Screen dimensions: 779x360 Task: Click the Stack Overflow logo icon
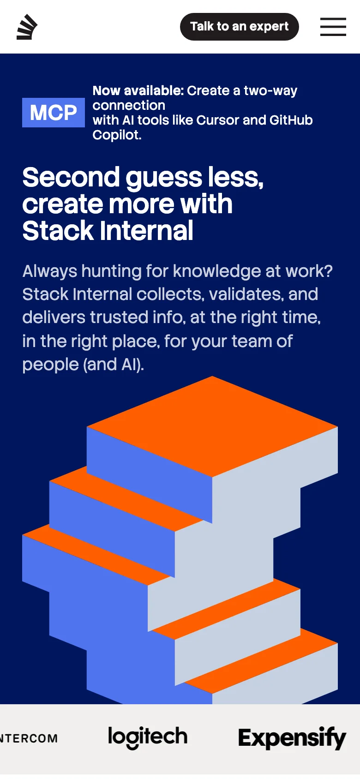click(x=27, y=27)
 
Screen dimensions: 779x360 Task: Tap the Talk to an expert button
click(x=239, y=27)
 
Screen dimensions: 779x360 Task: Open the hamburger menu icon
click(x=333, y=27)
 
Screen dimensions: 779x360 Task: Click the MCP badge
click(x=54, y=113)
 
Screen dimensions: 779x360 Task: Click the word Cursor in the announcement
click(x=218, y=120)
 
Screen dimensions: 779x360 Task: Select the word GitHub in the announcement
click(x=291, y=120)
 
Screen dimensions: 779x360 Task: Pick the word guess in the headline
click(x=164, y=178)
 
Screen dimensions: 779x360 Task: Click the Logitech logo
click(x=148, y=737)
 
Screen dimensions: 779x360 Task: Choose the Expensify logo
click(x=292, y=738)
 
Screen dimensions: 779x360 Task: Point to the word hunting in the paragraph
click(x=111, y=271)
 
